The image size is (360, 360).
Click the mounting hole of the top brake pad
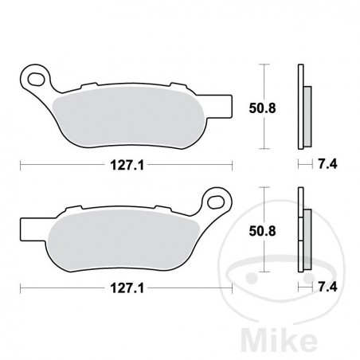pyautogui.click(x=34, y=78)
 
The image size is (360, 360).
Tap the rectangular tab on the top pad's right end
pyautogui.click(x=225, y=104)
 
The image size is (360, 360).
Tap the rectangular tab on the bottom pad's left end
pyautogui.click(x=25, y=229)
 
